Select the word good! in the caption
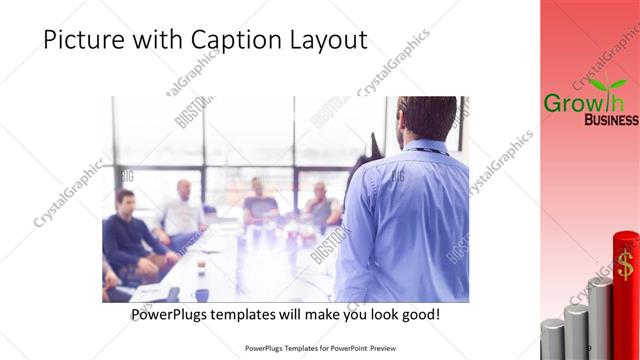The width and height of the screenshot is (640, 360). pos(417,314)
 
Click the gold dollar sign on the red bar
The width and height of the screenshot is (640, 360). pos(625,265)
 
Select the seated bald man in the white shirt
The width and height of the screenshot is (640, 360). pos(181,210)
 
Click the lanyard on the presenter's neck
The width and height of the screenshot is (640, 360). pos(424,150)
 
